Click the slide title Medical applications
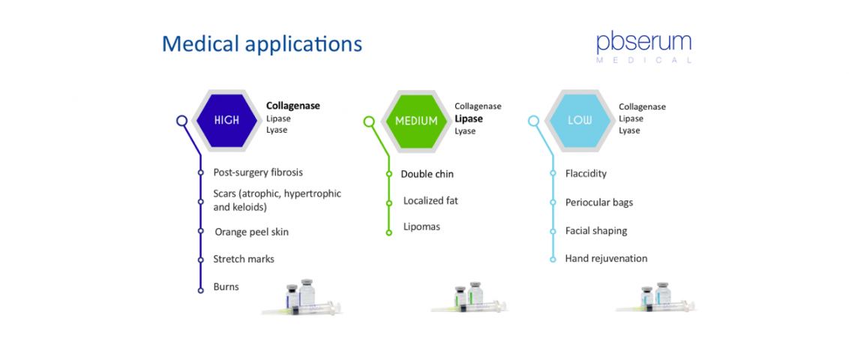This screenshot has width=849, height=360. point(262,44)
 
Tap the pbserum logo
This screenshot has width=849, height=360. point(643,47)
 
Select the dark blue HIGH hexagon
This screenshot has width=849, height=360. point(226,120)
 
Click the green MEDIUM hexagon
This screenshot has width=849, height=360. point(415,120)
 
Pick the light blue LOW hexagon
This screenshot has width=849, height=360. point(576,120)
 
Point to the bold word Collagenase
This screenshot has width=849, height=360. point(293,106)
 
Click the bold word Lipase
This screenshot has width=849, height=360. point(468,118)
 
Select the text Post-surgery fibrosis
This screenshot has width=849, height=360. point(258,172)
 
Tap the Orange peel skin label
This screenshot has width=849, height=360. point(252,232)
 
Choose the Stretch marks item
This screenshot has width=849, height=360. point(244,259)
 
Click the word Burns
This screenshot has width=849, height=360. point(226,286)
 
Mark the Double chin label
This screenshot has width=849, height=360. point(427,174)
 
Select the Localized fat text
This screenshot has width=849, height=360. point(430,200)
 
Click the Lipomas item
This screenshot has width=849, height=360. point(421,226)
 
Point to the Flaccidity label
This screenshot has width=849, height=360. point(586,174)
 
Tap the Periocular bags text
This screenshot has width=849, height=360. point(598,202)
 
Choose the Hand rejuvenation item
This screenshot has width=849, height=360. point(606,258)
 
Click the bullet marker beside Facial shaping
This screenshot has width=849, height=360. point(553,231)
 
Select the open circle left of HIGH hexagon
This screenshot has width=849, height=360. point(182,121)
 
